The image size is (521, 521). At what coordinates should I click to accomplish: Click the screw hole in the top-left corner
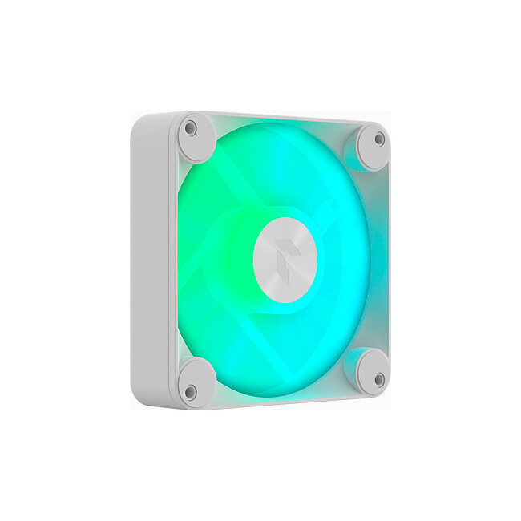coord(190,128)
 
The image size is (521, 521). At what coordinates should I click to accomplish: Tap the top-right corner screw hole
coord(378,139)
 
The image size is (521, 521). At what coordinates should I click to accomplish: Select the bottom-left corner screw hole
coord(190,392)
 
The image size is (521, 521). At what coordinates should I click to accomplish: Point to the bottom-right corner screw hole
coord(378,379)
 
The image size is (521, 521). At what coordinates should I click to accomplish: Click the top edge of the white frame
coord(281,117)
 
